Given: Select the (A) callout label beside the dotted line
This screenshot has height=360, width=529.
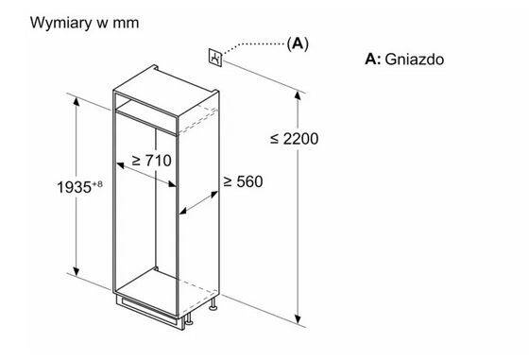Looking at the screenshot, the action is click(x=299, y=43).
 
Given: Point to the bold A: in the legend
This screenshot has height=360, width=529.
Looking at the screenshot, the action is click(x=373, y=60).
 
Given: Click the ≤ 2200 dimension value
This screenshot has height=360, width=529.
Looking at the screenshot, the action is click(x=294, y=138).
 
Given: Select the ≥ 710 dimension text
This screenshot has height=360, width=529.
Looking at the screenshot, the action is click(x=151, y=161).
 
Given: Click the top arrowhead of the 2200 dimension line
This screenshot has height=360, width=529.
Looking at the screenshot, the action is click(x=299, y=92).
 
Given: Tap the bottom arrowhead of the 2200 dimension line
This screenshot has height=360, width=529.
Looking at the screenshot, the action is click(x=299, y=320).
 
